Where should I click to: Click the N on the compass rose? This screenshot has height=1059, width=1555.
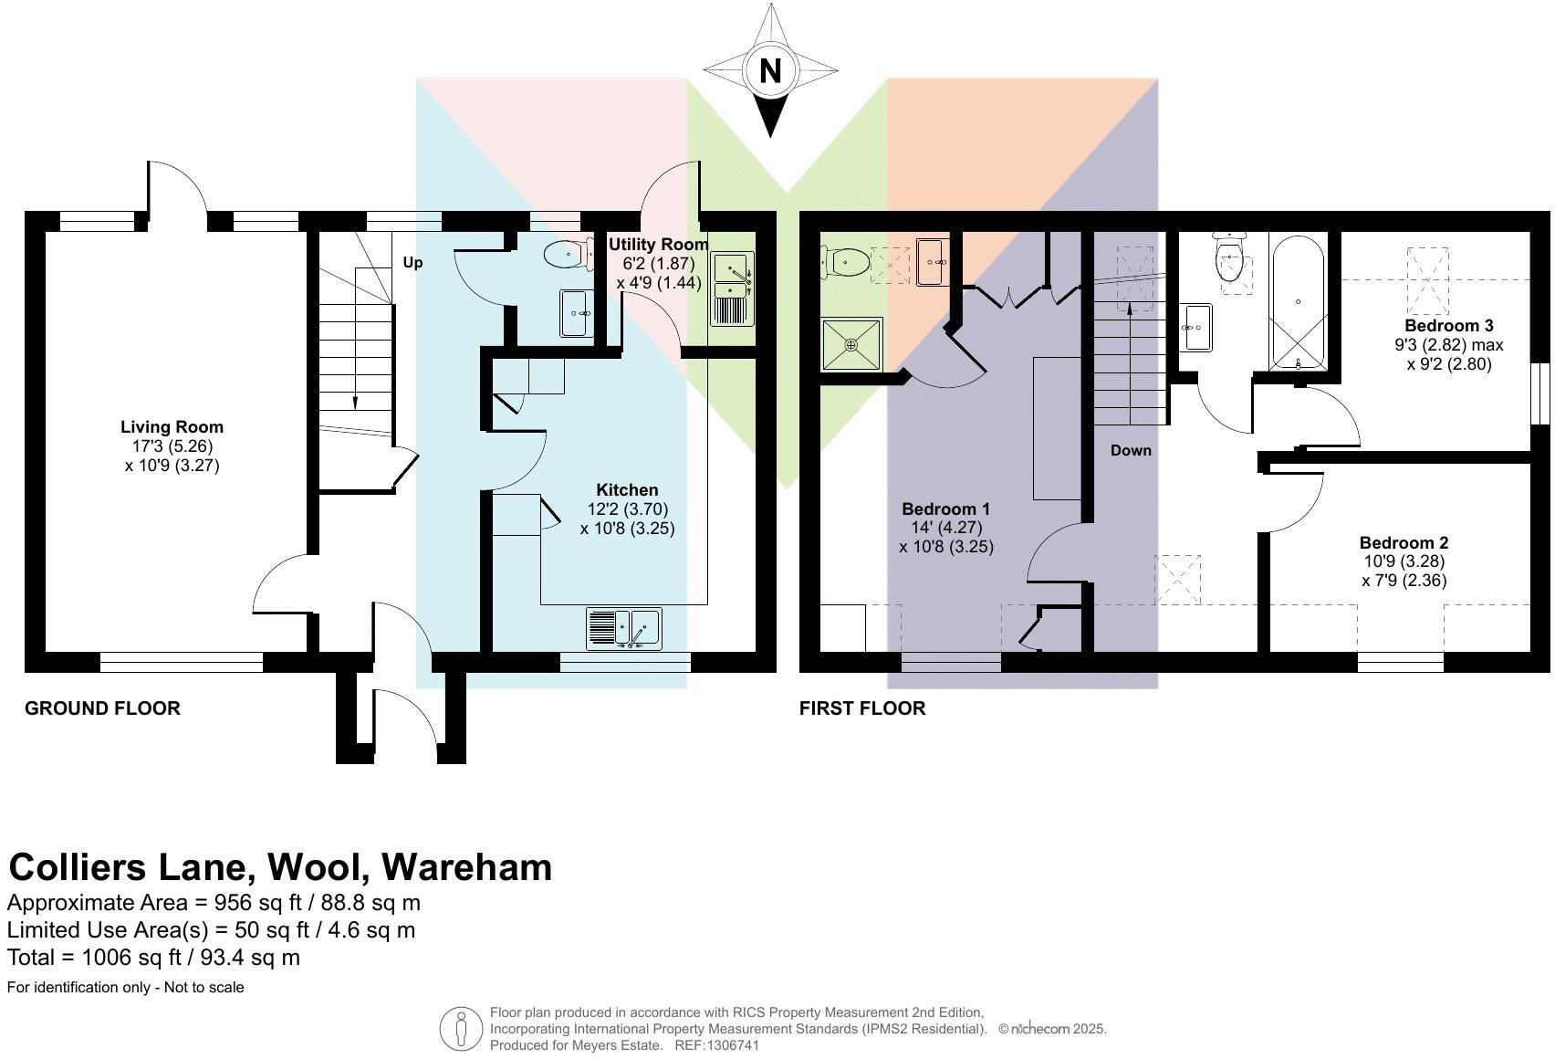pyautogui.click(x=770, y=70)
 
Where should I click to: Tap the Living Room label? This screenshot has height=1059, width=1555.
pyautogui.click(x=172, y=427)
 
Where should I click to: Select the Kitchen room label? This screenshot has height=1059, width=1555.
pyautogui.click(x=627, y=490)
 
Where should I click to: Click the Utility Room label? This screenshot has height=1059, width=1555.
pyautogui.click(x=658, y=245)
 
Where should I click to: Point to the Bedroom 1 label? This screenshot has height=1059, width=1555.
pyautogui.click(x=945, y=509)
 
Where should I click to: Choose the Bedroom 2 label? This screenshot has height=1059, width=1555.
pyautogui.click(x=1404, y=543)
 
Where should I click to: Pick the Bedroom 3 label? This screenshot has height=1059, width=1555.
pyautogui.click(x=1448, y=326)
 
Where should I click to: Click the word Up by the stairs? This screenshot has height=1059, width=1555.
pyautogui.click(x=412, y=263)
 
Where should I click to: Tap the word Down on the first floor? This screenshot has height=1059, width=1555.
pyautogui.click(x=1131, y=451)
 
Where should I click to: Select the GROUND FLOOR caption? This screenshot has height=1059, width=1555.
pyautogui.click(x=102, y=708)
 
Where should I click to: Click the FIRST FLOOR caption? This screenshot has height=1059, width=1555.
pyautogui.click(x=862, y=708)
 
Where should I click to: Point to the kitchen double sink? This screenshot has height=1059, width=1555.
pyautogui.click(x=626, y=628)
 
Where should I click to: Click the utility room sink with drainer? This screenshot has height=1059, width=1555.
pyautogui.click(x=733, y=288)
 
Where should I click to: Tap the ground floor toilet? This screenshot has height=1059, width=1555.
pyautogui.click(x=565, y=256)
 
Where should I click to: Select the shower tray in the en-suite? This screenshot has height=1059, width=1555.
pyautogui.click(x=851, y=344)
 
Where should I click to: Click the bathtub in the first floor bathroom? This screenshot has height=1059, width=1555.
pyautogui.click(x=1298, y=301)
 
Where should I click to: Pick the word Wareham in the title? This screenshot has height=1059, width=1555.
pyautogui.click(x=467, y=867)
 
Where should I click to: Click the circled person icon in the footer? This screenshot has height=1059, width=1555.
pyautogui.click(x=461, y=1029)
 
